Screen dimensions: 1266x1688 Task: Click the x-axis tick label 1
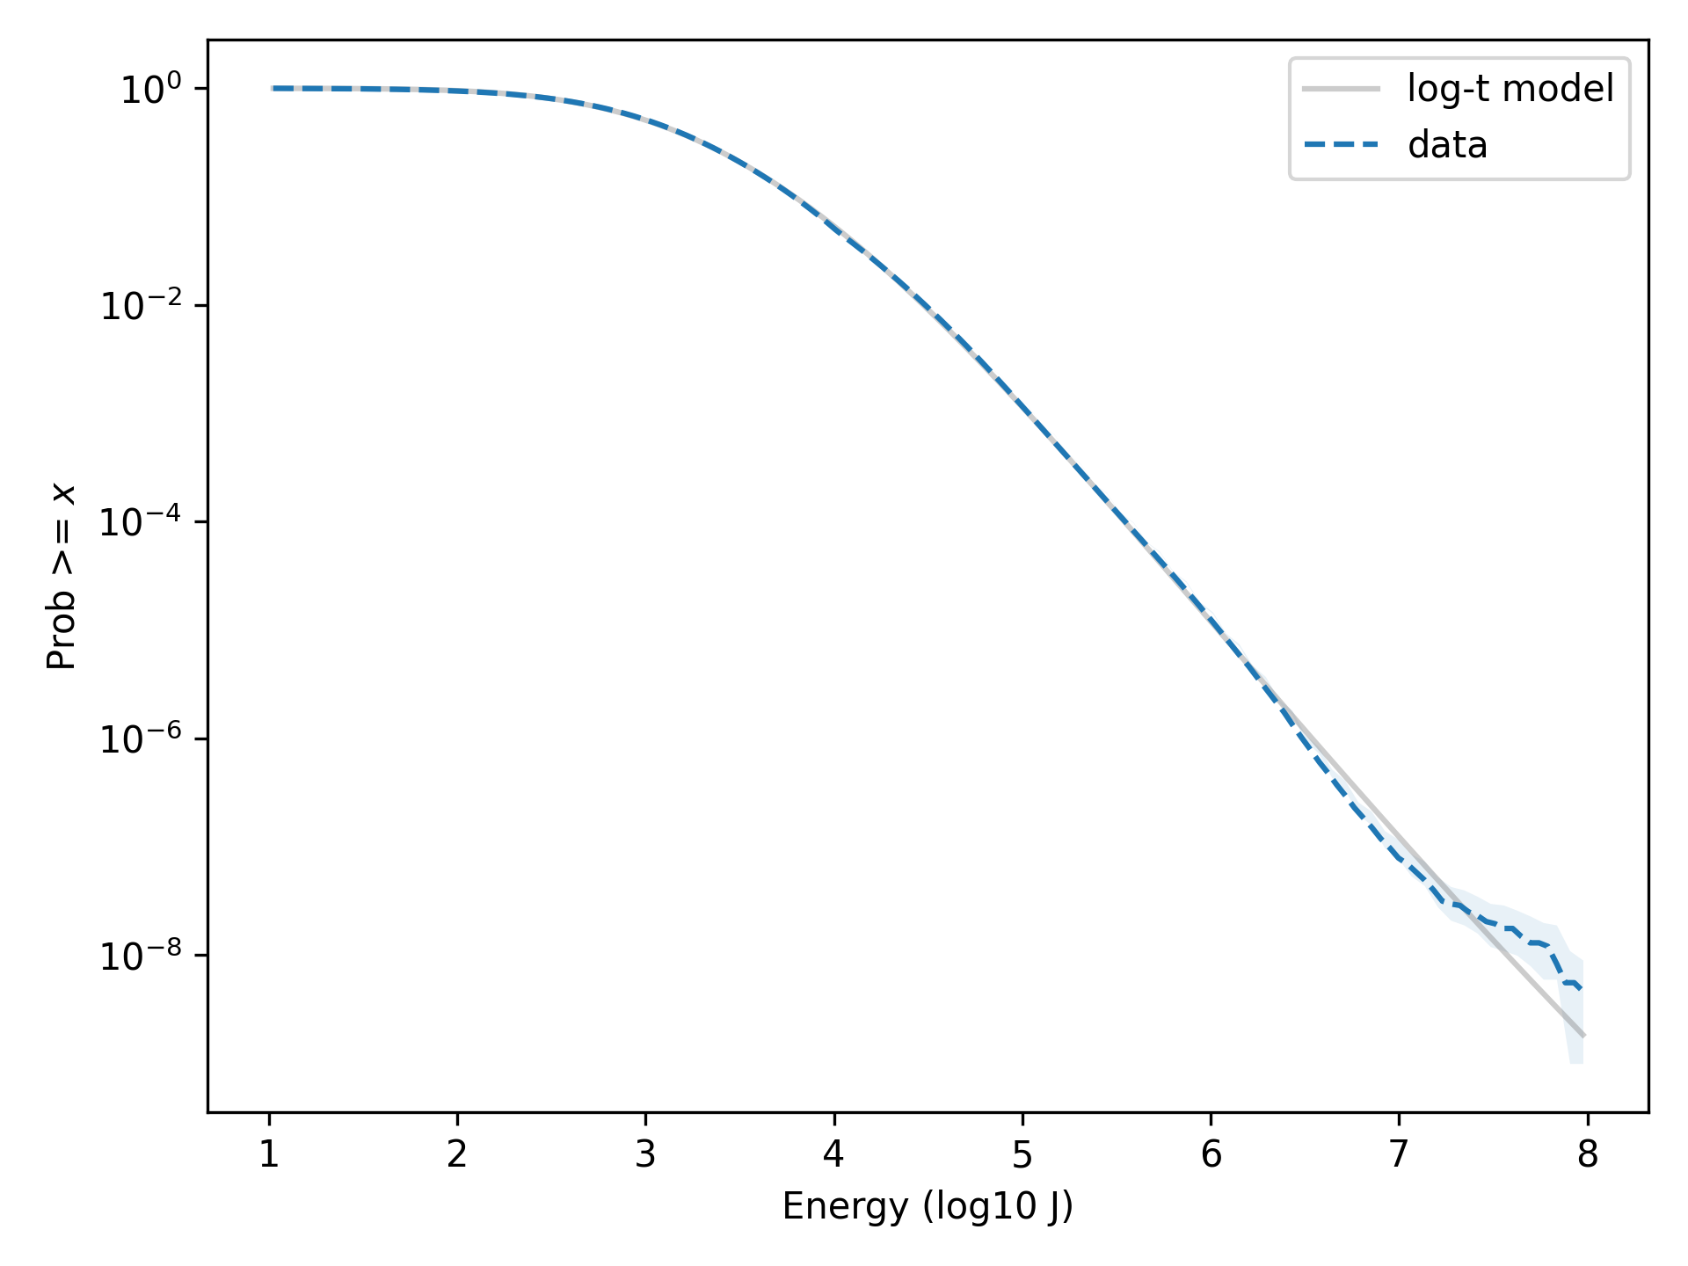(269, 1154)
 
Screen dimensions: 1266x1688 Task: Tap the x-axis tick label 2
(457, 1154)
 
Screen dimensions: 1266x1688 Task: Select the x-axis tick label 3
(645, 1154)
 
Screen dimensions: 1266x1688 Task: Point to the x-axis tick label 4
(833, 1154)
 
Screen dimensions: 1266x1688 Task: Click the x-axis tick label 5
(1022, 1154)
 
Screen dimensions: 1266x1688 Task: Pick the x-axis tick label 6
(1211, 1154)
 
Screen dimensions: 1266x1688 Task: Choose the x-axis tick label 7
(1399, 1154)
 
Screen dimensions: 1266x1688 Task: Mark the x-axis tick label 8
(1587, 1154)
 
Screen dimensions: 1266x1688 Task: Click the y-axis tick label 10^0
(151, 90)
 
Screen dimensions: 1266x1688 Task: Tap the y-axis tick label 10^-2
(141, 306)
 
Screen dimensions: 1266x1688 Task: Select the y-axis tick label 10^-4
(141, 522)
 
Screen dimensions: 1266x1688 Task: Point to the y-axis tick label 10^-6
(141, 739)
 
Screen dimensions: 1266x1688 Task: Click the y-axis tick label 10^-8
(141, 956)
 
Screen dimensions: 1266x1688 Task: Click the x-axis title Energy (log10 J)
(928, 1206)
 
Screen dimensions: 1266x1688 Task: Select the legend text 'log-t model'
(1510, 89)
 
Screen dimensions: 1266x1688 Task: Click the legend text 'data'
(1447, 145)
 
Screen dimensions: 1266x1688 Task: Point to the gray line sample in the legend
(1341, 89)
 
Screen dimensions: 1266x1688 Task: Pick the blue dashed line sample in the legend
(1341, 145)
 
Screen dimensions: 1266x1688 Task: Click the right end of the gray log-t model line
(1583, 1036)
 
